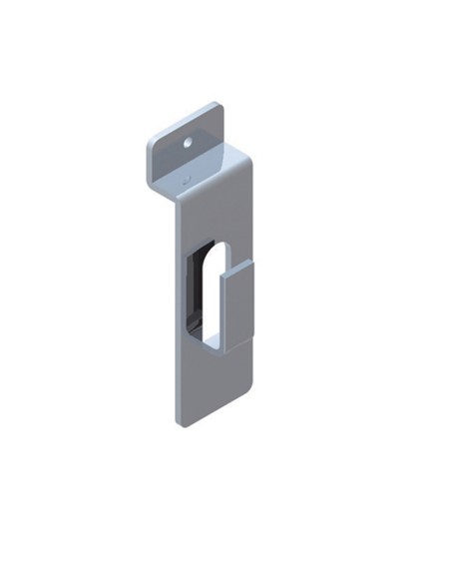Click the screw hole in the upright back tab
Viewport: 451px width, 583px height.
[187, 143]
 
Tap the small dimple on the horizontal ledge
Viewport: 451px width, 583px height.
[189, 181]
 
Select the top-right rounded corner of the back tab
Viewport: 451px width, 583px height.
[217, 105]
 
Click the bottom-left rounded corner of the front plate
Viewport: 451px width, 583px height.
[182, 421]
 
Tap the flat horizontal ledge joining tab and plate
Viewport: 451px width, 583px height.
[200, 172]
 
